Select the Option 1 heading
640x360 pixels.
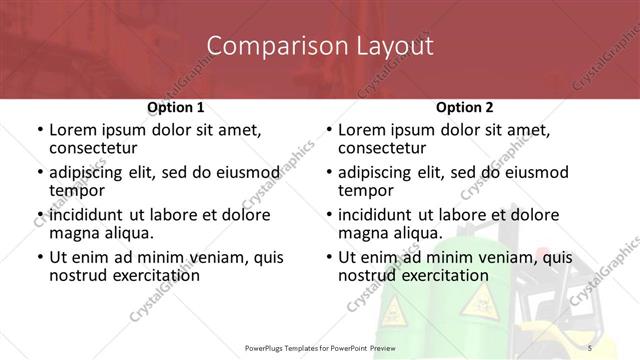pos(176,106)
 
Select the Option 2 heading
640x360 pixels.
pos(464,106)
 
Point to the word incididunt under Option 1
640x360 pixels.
pos(86,215)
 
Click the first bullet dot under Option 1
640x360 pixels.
pos(39,131)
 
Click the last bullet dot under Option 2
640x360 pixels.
pos(328,257)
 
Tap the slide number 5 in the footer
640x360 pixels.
pos(589,347)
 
